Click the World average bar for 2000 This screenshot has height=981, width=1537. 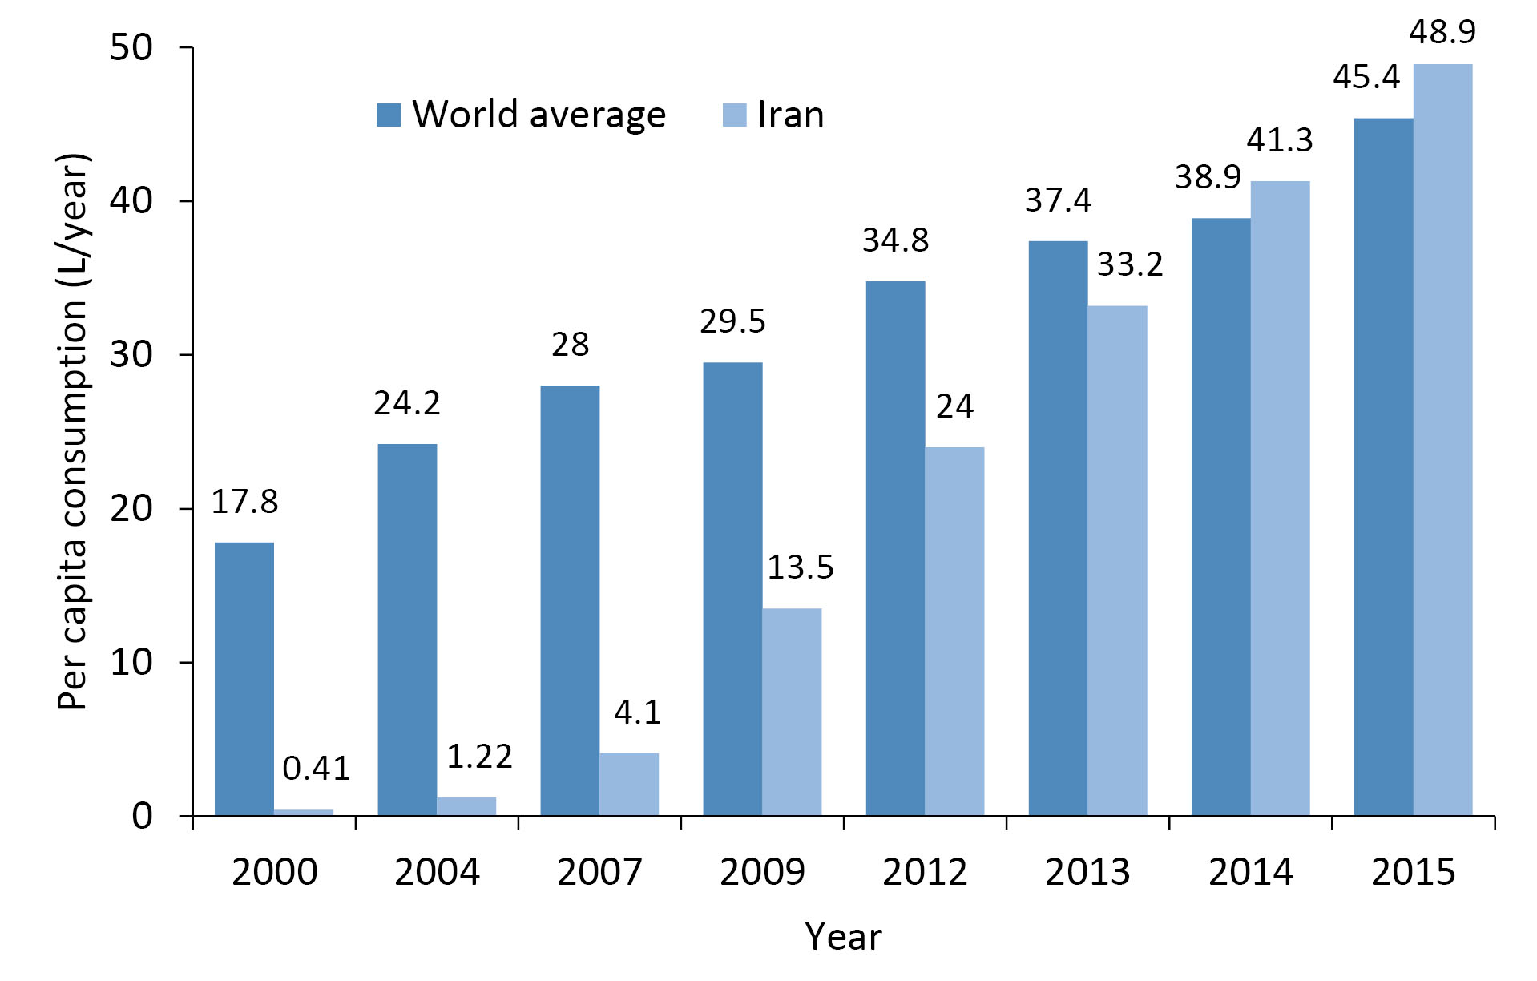(x=244, y=679)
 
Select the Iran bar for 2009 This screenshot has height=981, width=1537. (x=792, y=712)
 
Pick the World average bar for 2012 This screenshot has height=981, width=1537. (x=895, y=548)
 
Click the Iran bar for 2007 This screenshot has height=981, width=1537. (x=629, y=784)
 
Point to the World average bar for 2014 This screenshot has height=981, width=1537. (x=1220, y=517)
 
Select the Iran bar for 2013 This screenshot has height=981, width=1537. (x=1117, y=560)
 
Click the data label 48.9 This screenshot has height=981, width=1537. (x=1442, y=32)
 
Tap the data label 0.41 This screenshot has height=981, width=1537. (x=316, y=769)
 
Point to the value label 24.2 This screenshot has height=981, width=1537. (x=407, y=403)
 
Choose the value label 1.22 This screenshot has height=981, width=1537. (x=479, y=757)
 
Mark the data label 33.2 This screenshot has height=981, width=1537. (x=1130, y=264)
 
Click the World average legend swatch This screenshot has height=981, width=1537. (x=389, y=115)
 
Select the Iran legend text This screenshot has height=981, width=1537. (x=790, y=115)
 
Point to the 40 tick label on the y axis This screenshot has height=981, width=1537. (x=131, y=200)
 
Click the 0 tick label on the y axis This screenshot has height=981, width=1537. (x=142, y=816)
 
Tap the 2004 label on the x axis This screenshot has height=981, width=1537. (x=437, y=872)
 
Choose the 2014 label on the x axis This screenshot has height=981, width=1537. (x=1250, y=872)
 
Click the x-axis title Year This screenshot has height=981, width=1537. (x=843, y=937)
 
